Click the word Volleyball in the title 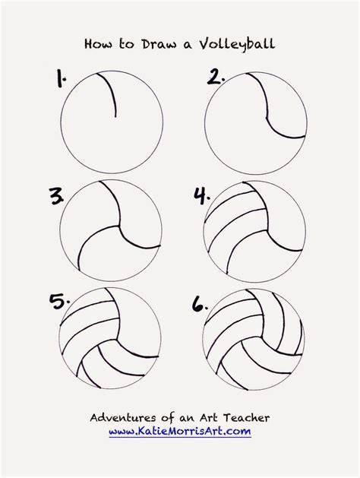237,44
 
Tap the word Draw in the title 159,44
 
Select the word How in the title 98,44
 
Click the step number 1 61,78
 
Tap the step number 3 57,196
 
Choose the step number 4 202,196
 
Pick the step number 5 59,302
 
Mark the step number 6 200,304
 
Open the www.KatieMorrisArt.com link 180,432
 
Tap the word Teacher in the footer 246,417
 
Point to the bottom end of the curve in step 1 115,117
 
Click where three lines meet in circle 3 118,226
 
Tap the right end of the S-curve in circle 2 305,137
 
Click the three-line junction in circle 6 261,337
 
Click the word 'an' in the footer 186,418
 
